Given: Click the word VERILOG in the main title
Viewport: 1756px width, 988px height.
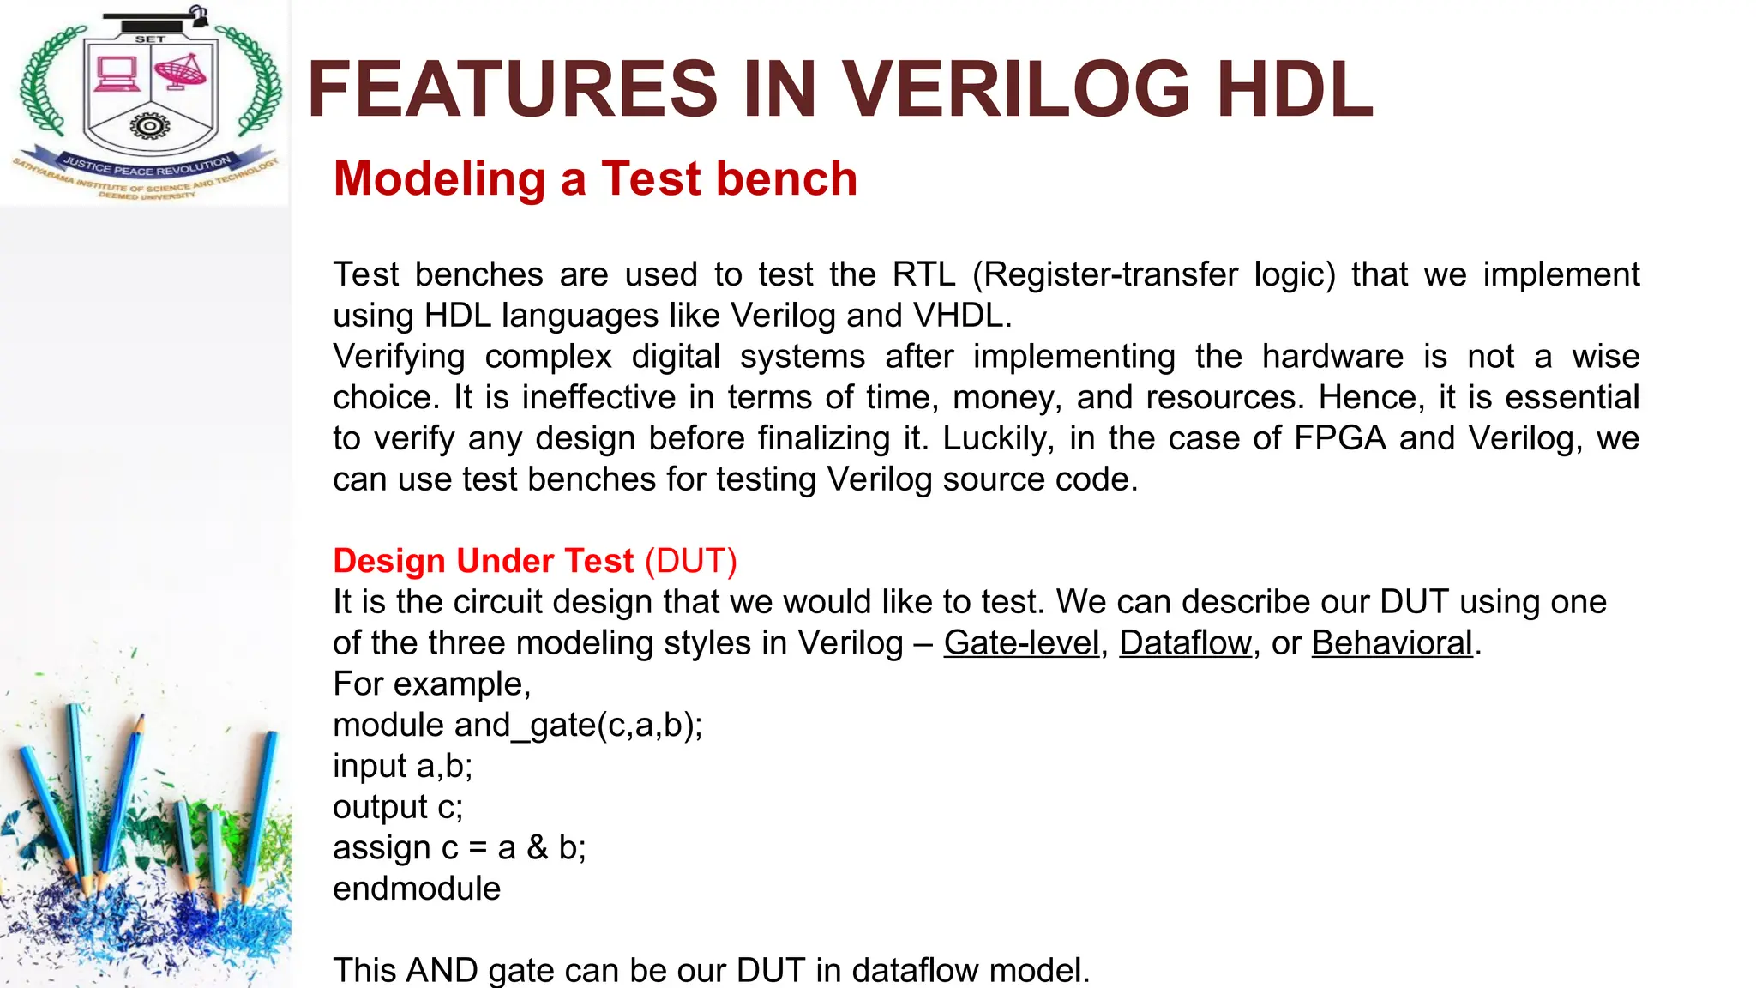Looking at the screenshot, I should [1016, 88].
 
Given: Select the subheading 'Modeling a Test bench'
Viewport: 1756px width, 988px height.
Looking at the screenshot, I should [595, 178].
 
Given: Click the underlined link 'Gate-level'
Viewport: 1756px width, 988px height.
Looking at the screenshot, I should [1021, 643].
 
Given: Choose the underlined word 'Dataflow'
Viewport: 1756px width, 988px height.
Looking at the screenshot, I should [1185, 643].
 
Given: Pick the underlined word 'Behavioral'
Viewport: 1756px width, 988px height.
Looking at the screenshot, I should [1392, 643].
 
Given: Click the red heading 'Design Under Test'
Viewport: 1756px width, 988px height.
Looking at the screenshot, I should [484, 561].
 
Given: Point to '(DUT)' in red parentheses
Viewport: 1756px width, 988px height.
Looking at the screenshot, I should [691, 561].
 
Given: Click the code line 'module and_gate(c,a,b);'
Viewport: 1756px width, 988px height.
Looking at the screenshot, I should [517, 726].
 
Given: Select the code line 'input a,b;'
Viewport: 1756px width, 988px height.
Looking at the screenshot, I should [403, 766].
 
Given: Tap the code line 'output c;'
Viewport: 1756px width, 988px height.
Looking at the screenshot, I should [398, 807].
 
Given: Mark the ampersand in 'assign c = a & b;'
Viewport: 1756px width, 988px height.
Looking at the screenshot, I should [538, 847].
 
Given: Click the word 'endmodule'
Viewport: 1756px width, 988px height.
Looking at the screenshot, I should [417, 889].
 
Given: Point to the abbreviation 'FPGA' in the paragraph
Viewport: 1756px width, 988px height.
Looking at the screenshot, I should [1340, 438].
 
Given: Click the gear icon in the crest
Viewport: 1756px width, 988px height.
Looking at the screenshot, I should [150, 127].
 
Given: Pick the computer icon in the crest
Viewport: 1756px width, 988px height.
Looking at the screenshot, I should [117, 74].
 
